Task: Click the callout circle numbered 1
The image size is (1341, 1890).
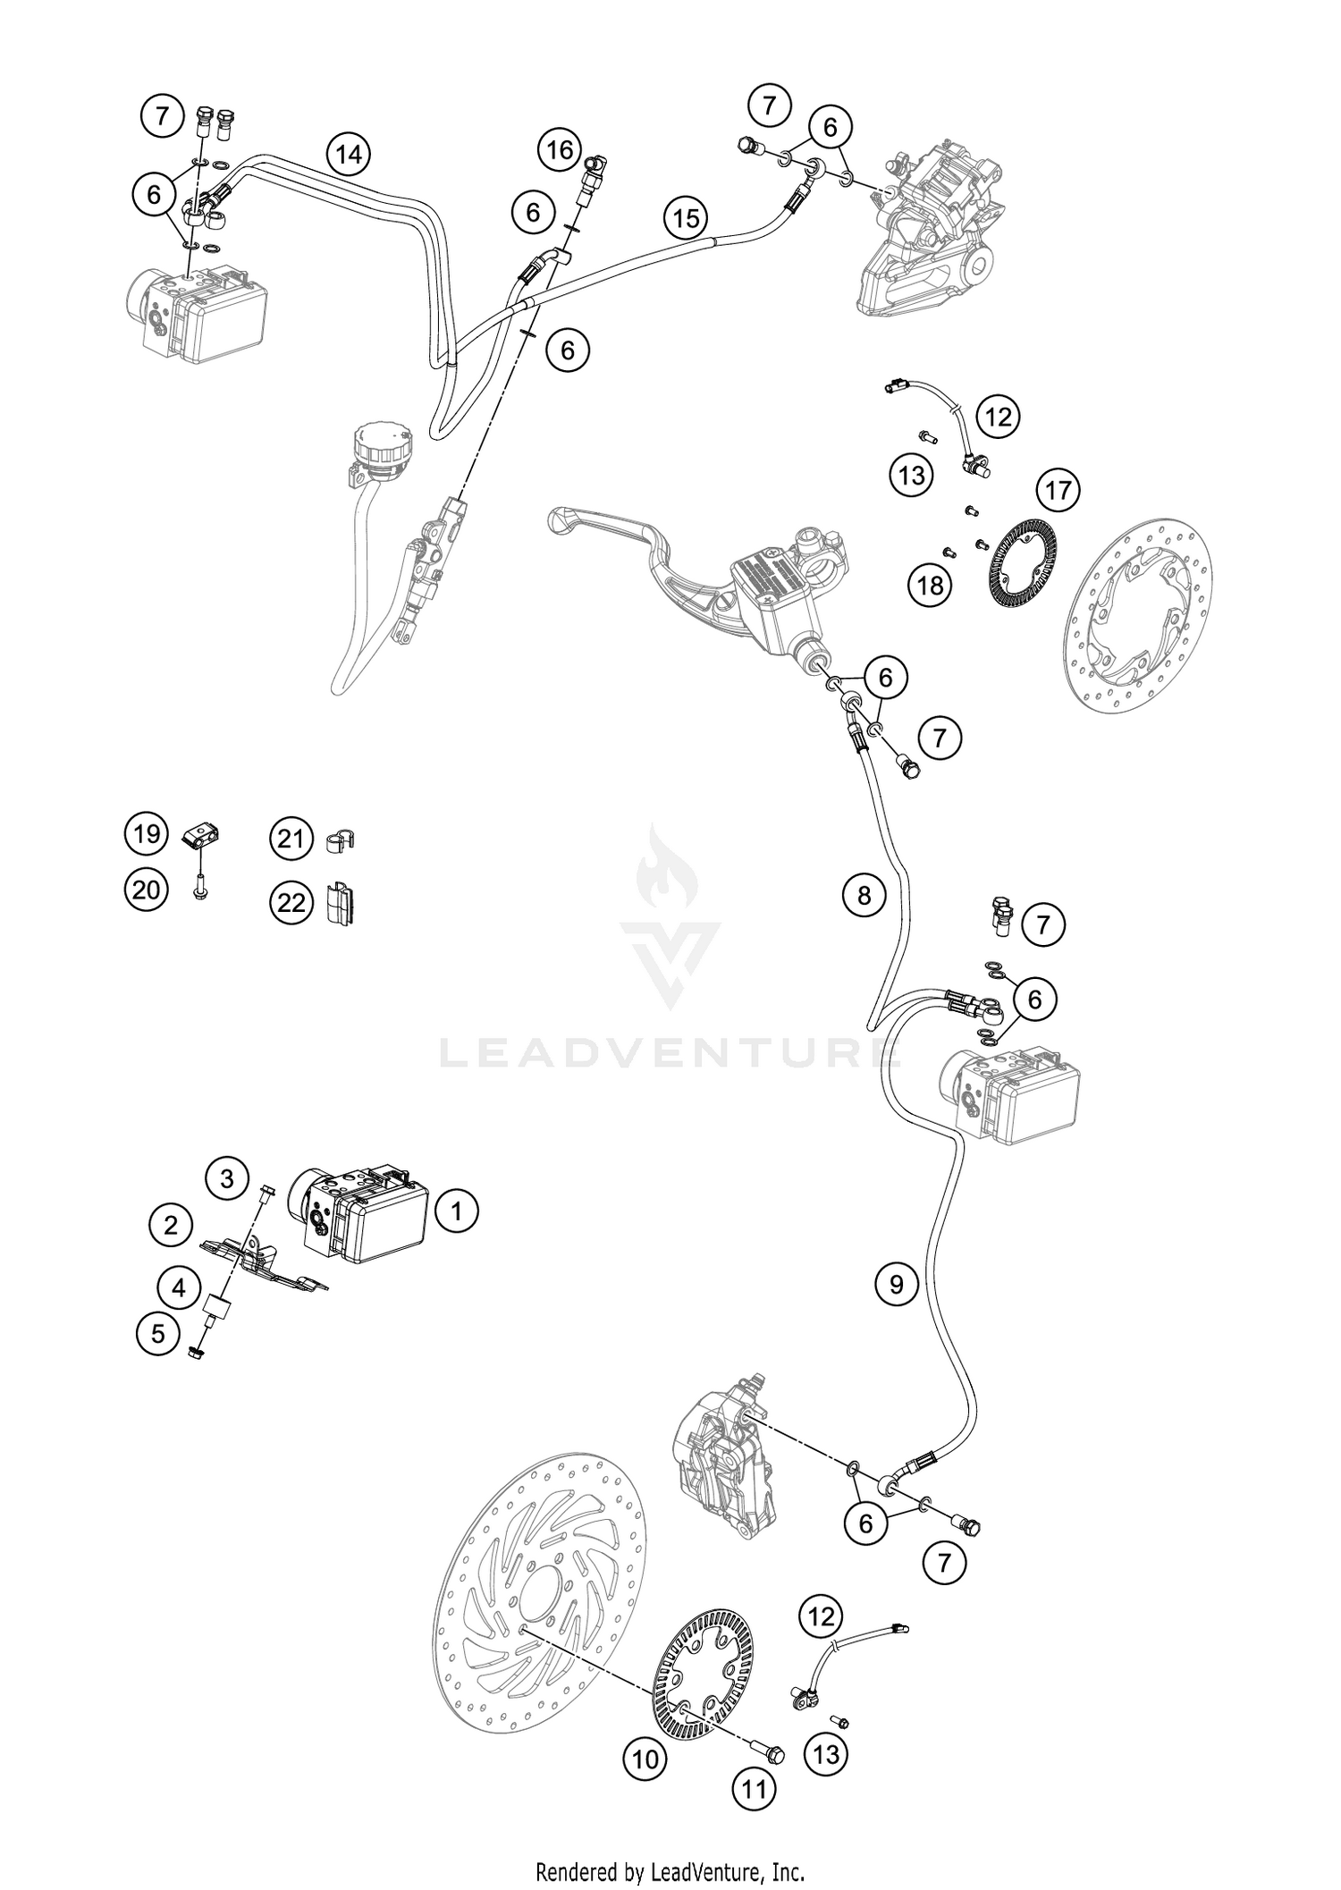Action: click(x=457, y=1211)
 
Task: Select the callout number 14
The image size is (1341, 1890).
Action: click(x=349, y=155)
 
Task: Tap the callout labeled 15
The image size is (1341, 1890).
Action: click(x=686, y=218)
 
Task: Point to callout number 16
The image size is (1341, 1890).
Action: click(x=560, y=149)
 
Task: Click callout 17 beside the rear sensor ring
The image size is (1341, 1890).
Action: click(x=1058, y=490)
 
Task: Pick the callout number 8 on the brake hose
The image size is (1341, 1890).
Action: click(x=864, y=895)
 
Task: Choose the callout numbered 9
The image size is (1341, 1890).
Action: click(x=897, y=1285)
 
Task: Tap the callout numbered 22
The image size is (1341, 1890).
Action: click(x=291, y=903)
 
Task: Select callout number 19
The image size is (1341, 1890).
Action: click(x=146, y=833)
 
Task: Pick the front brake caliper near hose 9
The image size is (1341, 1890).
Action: click(x=724, y=1466)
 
